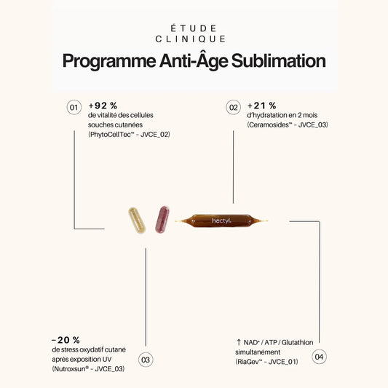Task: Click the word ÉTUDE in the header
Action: (x=193, y=28)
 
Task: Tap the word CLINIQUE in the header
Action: (x=190, y=39)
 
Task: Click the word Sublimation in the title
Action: (x=278, y=60)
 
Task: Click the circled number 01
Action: (x=74, y=108)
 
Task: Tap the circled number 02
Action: (x=233, y=108)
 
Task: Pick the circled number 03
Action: (x=146, y=360)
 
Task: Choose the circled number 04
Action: (x=319, y=357)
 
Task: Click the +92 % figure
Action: (x=103, y=106)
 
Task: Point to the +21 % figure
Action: (x=261, y=106)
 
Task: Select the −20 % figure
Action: (x=66, y=340)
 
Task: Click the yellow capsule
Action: (x=137, y=221)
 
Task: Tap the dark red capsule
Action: (x=162, y=220)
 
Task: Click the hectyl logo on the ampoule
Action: (x=221, y=221)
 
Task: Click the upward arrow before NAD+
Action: (x=239, y=342)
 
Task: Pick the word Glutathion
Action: (x=297, y=342)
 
